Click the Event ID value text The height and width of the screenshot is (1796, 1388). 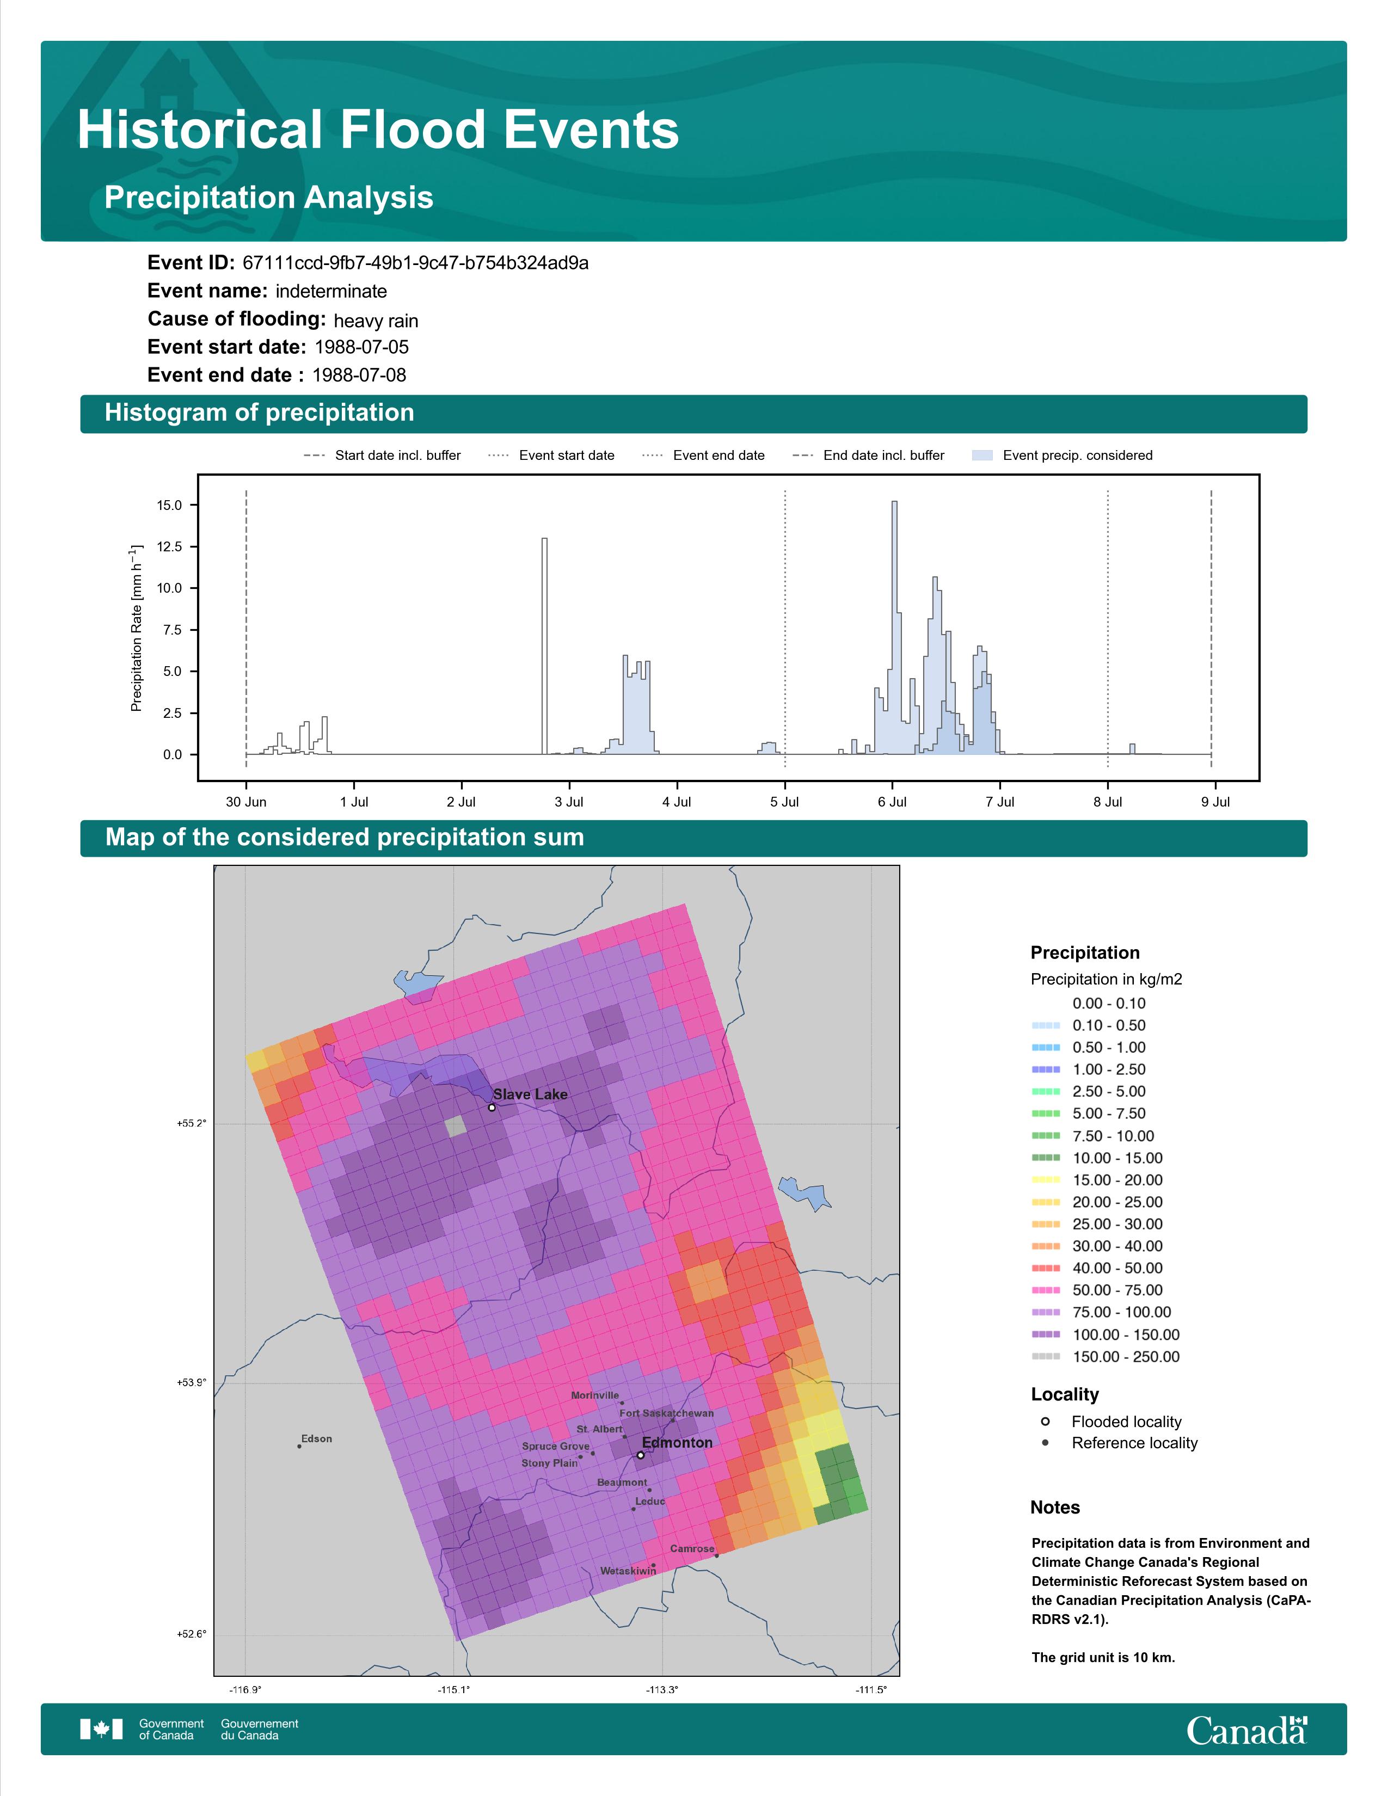coord(415,263)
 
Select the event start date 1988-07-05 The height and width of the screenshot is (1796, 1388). coord(362,347)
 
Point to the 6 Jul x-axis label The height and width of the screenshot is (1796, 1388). coord(892,802)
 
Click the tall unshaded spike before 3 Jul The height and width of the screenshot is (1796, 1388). coord(544,645)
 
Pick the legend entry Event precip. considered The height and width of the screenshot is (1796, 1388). coord(1063,456)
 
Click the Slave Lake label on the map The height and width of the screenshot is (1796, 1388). coord(530,1094)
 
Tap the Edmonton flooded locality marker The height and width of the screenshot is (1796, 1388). coord(641,1455)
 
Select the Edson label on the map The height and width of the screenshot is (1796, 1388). coord(317,1439)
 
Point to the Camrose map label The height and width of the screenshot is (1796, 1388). coord(692,1548)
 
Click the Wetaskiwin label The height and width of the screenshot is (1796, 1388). coord(628,1571)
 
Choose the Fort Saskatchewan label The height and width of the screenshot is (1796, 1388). coord(667,1413)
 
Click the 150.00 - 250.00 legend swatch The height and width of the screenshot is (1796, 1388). coord(1046,1357)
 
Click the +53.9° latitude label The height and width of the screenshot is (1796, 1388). coord(192,1383)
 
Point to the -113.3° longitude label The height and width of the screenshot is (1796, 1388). coord(662,1690)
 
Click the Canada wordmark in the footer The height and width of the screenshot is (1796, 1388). coord(1246,1730)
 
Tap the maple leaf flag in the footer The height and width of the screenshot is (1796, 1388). coord(101,1730)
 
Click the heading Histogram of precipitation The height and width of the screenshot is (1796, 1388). coord(259,413)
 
